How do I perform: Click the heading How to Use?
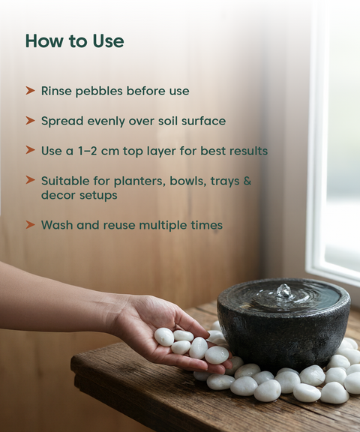pyautogui.click(x=75, y=41)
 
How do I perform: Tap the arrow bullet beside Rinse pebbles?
pyautogui.click(x=30, y=91)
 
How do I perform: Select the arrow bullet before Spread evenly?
pyautogui.click(x=30, y=121)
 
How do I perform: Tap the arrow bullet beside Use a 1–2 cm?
pyautogui.click(x=30, y=150)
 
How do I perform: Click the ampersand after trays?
pyautogui.click(x=247, y=181)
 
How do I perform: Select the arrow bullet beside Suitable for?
pyautogui.click(x=30, y=180)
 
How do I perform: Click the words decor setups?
pyautogui.click(x=79, y=195)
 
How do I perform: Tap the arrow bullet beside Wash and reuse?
pyautogui.click(x=30, y=224)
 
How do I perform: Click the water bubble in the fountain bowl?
pyautogui.click(x=284, y=292)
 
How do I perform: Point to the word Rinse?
pyautogui.click(x=54, y=91)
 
